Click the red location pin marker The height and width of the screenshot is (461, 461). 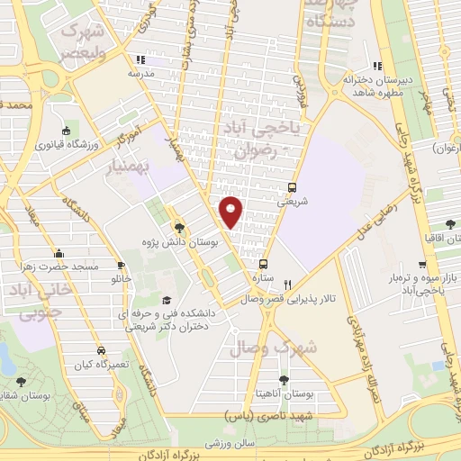point(231,211)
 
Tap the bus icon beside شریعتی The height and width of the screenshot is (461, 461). point(292,188)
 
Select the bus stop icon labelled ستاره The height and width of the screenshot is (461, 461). point(263,265)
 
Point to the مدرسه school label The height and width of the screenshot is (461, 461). point(142,72)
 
